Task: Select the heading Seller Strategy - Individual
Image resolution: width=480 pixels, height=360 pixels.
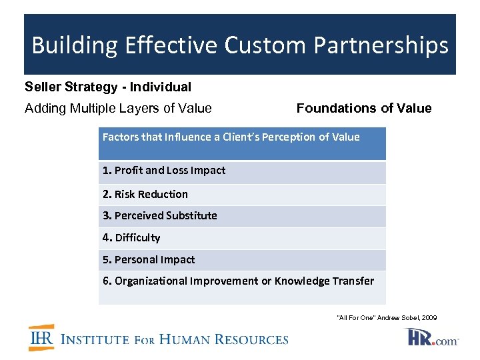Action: click(108, 87)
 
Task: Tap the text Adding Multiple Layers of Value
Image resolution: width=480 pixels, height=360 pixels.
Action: click(118, 108)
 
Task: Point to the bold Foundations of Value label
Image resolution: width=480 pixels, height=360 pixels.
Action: click(364, 108)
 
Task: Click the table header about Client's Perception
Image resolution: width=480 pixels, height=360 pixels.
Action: click(231, 137)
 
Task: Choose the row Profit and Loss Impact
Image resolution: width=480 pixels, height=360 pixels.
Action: click(164, 171)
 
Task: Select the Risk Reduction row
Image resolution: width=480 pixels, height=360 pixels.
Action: click(145, 195)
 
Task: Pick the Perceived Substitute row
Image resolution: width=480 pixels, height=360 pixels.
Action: click(160, 216)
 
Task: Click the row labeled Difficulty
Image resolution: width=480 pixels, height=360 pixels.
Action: click(131, 238)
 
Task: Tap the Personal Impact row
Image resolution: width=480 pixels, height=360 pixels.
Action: click(149, 260)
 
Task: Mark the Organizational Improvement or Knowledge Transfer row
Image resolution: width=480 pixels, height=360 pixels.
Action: click(238, 281)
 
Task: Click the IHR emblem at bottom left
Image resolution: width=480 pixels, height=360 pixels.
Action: click(41, 338)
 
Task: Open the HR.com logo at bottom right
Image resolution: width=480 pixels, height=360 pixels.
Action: click(432, 337)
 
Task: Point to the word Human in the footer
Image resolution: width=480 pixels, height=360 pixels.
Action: click(194, 339)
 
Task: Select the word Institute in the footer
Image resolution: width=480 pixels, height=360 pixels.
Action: click(95, 339)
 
